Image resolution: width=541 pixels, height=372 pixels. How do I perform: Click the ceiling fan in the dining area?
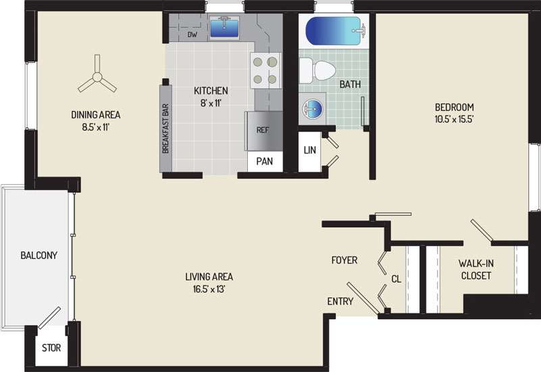pos(97,76)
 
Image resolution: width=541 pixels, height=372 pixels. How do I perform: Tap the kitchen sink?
pos(224,27)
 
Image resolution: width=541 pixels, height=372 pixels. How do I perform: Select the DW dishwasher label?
pos(192,34)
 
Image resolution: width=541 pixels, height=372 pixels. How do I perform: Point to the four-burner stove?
pos(265,71)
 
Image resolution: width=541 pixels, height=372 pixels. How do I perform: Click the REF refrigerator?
pos(263,131)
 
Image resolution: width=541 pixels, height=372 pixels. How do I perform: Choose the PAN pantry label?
pos(265,161)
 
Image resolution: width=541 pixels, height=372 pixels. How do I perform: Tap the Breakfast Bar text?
pos(165,129)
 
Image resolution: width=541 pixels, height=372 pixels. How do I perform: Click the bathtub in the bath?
pos(334,30)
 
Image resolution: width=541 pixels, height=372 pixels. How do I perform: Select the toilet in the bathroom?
pos(317,70)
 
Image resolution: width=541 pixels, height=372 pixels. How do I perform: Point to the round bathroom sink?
pos(312,108)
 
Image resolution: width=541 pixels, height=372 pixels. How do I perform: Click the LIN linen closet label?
pos(309,150)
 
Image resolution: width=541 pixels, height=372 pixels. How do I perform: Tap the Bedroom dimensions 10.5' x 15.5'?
pos(454,120)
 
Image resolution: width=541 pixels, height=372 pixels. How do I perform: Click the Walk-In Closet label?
pos(475,269)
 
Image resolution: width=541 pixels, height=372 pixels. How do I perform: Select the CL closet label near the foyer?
pos(396,279)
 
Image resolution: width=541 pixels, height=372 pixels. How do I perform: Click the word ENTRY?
pos(340,302)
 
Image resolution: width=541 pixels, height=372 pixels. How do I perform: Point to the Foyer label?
pos(344,260)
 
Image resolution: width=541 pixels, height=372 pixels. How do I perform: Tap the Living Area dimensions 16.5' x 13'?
pos(209,289)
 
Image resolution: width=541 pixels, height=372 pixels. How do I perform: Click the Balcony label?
pos(39,255)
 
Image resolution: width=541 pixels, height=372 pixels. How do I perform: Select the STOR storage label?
pos(51,348)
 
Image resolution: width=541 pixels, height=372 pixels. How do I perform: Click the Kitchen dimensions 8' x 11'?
pos(211,103)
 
